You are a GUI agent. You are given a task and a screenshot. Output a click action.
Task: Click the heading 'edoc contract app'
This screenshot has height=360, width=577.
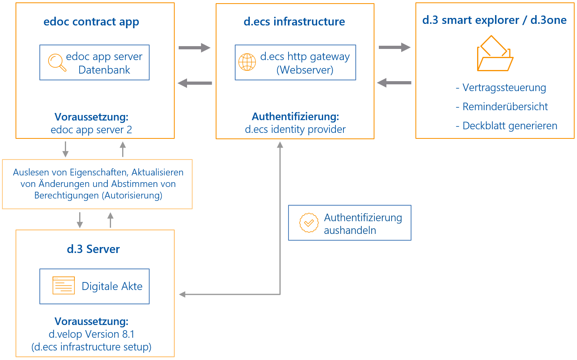click(91, 22)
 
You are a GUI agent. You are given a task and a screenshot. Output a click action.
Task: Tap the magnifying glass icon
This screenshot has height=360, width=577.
click(57, 62)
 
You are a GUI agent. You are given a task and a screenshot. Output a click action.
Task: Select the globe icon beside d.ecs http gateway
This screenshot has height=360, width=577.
click(247, 62)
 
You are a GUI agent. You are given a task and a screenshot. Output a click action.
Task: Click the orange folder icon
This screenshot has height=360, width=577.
click(495, 54)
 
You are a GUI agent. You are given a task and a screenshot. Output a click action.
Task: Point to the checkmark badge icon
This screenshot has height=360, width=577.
click(309, 223)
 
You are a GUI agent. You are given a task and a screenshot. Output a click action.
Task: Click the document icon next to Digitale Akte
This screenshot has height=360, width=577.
click(64, 286)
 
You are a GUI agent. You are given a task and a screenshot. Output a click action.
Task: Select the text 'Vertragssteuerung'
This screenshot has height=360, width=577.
click(504, 88)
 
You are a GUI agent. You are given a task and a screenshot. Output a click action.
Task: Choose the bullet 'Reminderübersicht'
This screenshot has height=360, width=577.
click(505, 107)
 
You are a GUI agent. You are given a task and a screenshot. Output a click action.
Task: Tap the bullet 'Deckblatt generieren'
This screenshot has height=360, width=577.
click(509, 126)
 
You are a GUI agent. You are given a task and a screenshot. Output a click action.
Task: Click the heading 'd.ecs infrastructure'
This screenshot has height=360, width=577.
click(294, 22)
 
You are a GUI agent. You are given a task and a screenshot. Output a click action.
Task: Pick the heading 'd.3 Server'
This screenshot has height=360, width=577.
click(93, 249)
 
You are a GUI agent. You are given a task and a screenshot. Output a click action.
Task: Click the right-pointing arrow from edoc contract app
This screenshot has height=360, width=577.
click(194, 48)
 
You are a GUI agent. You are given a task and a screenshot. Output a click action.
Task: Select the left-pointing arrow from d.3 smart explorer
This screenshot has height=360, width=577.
click(394, 83)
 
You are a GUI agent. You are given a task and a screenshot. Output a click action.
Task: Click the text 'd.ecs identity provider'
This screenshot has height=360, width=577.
click(295, 129)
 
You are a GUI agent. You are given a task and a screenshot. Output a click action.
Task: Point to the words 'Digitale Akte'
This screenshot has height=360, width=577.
click(112, 286)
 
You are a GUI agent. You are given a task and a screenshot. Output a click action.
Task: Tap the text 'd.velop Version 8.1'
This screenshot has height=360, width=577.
click(92, 334)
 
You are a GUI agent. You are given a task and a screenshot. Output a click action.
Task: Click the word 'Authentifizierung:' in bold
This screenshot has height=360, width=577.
click(295, 117)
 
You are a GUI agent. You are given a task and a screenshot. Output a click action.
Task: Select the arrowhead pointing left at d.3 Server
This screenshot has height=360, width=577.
click(182, 294)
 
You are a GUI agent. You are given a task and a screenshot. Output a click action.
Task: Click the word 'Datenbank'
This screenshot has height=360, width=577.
click(104, 70)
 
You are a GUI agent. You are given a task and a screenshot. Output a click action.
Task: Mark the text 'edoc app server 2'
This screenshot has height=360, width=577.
click(91, 130)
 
